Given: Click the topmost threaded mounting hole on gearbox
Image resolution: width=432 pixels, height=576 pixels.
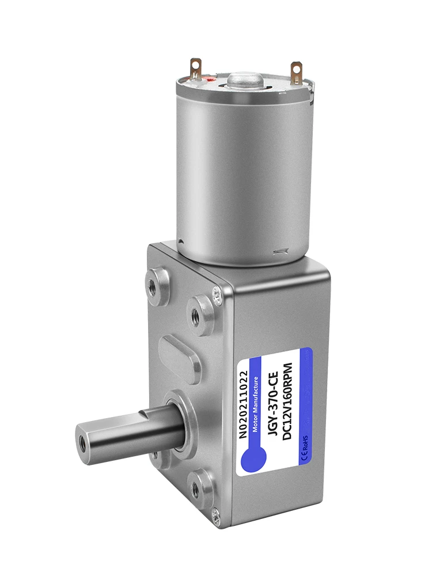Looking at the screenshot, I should pos(153,285).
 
